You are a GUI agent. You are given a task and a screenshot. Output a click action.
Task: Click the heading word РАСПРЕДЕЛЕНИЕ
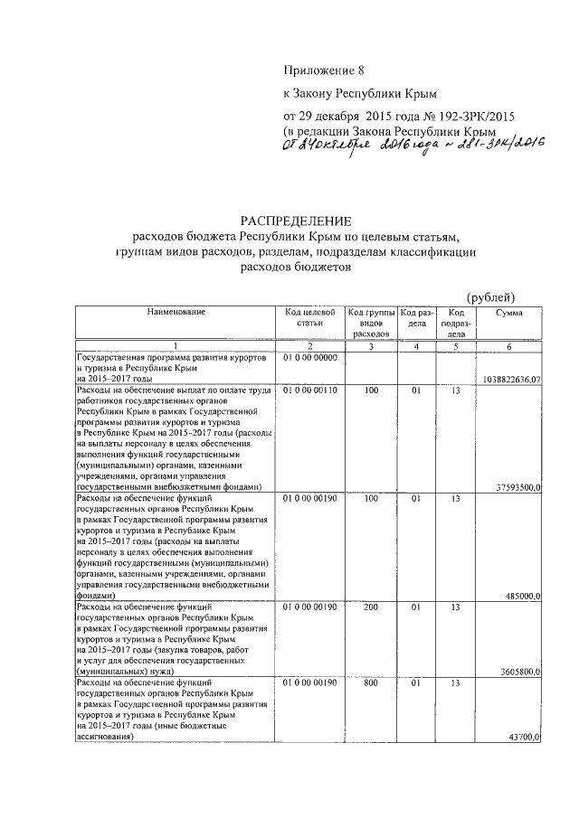(295, 221)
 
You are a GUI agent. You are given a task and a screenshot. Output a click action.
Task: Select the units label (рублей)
(490, 297)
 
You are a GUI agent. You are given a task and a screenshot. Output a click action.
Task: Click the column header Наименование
(176, 312)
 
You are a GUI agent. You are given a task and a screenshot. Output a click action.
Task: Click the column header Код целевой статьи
(309, 316)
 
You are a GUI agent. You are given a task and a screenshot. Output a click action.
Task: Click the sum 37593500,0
(517, 487)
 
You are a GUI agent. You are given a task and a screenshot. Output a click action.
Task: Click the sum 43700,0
(522, 738)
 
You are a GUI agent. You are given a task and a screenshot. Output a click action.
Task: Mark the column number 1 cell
(176, 346)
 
